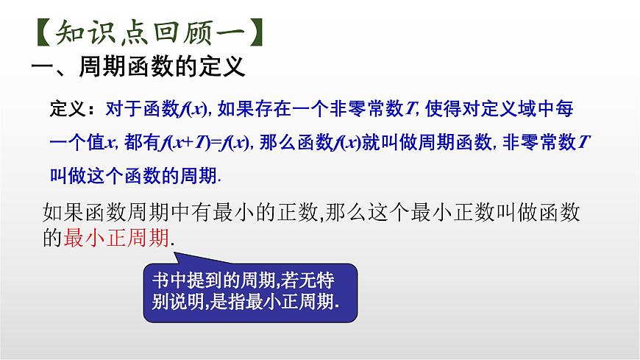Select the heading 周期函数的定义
[159, 68]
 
